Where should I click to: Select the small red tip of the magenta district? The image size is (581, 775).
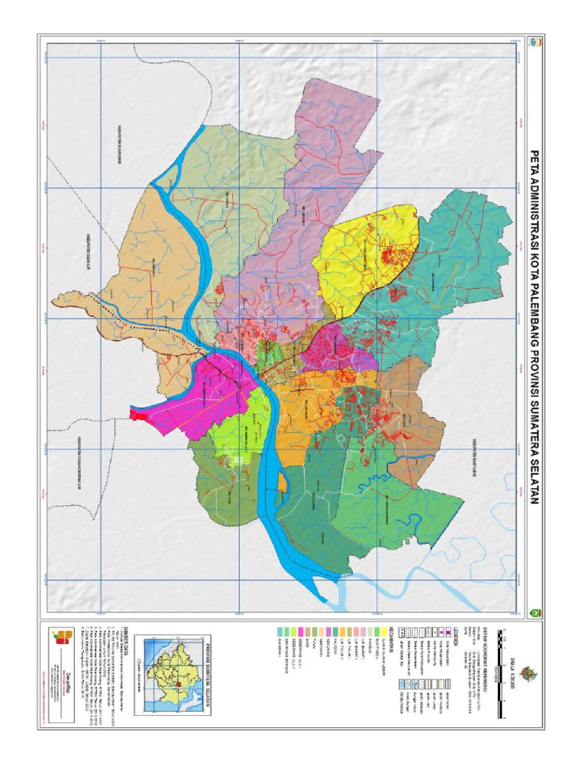click(138, 413)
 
